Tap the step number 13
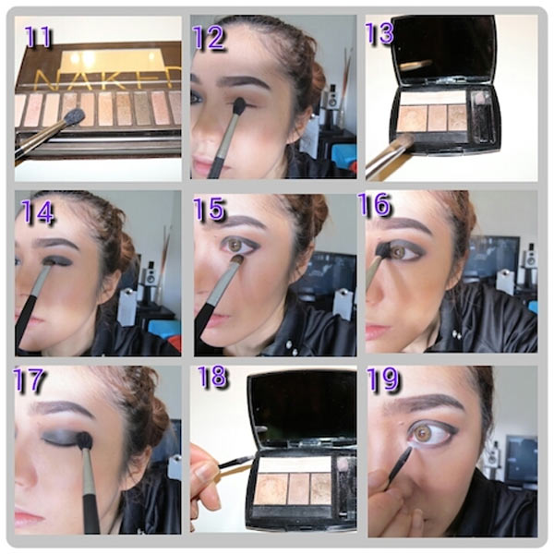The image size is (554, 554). point(379,34)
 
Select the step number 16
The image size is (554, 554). point(374,204)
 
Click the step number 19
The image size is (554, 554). point(382,379)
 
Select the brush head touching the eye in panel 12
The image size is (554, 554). point(240,105)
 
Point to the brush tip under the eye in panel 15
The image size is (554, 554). point(237,260)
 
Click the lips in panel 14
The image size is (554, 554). point(26,321)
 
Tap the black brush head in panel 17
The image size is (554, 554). point(84,440)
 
